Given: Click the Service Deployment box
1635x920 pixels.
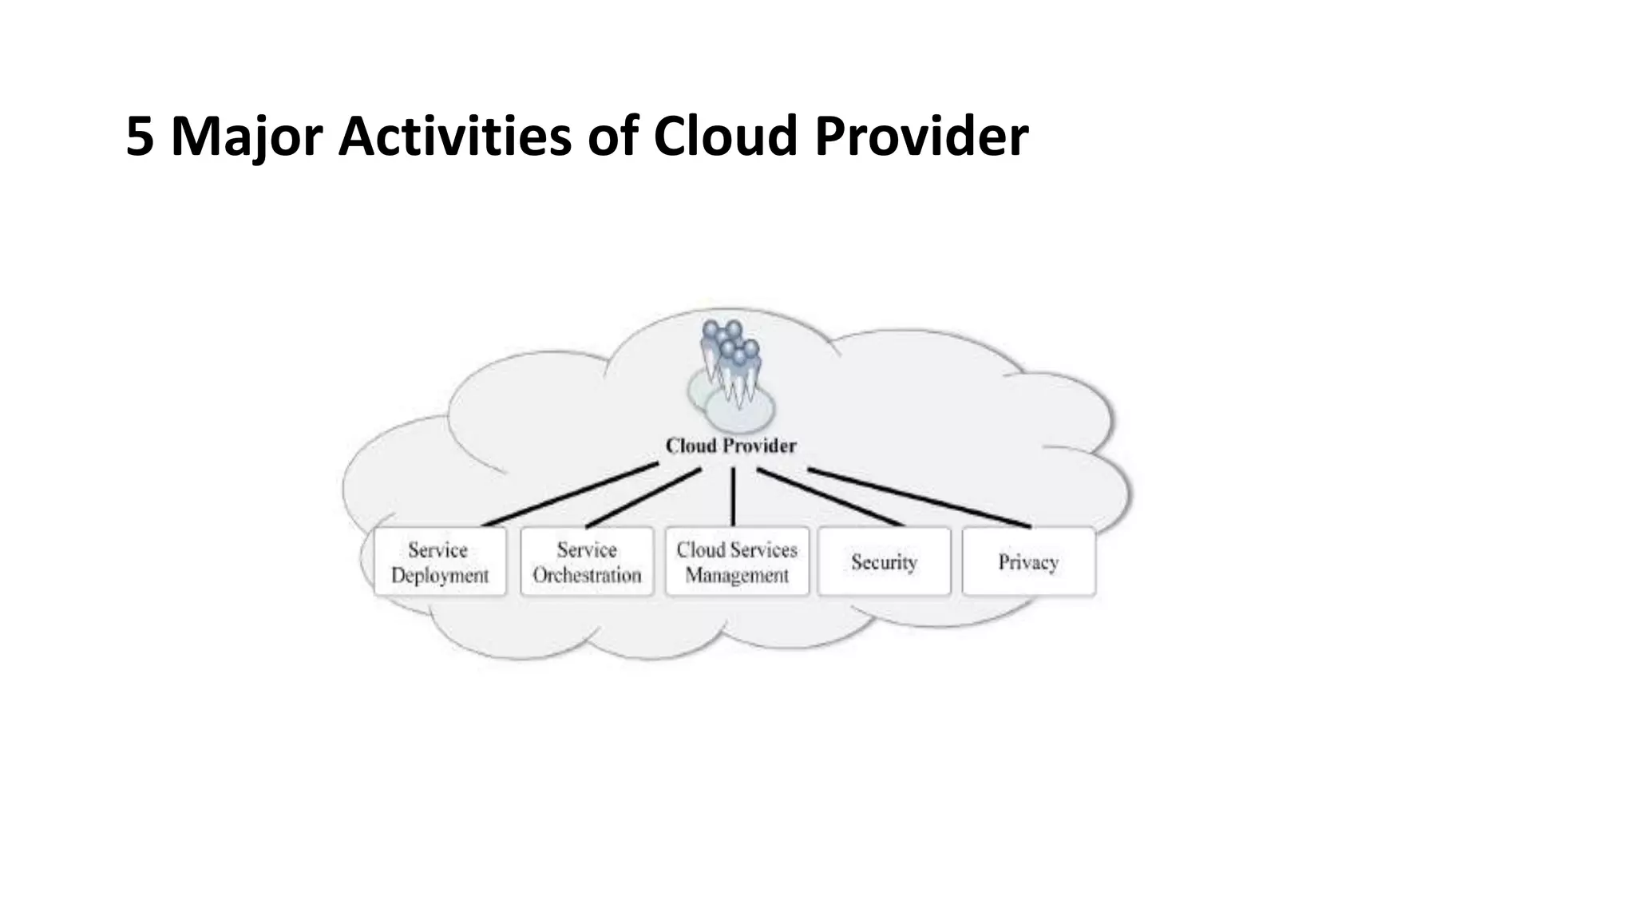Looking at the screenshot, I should pyautogui.click(x=440, y=561).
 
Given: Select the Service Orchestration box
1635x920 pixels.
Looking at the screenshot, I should pyautogui.click(x=587, y=561).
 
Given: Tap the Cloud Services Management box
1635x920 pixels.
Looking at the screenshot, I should pyautogui.click(x=736, y=561).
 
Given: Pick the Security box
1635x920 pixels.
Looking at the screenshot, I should pyautogui.click(x=884, y=561).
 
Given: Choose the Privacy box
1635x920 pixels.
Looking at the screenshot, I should pyautogui.click(x=1028, y=561).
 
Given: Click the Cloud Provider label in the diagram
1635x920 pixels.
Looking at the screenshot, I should pyautogui.click(x=730, y=446).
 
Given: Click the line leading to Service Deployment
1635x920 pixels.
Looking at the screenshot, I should pyautogui.click(x=571, y=494).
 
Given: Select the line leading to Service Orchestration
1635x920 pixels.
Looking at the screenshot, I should pyautogui.click(x=643, y=498).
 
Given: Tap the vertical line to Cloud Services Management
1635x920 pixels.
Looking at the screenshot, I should pyautogui.click(x=733, y=497).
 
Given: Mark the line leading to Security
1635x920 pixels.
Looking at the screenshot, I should pyautogui.click(x=830, y=498).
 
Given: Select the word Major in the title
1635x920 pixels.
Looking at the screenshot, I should pyautogui.click(x=246, y=137).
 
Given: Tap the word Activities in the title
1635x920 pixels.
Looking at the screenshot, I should pyautogui.click(x=455, y=137).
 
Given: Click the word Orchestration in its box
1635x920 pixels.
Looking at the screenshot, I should pyautogui.click(x=587, y=575).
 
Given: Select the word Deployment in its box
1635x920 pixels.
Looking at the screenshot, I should pyautogui.click(x=440, y=576).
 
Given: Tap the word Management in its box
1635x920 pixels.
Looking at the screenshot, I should pyautogui.click(x=736, y=576).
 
